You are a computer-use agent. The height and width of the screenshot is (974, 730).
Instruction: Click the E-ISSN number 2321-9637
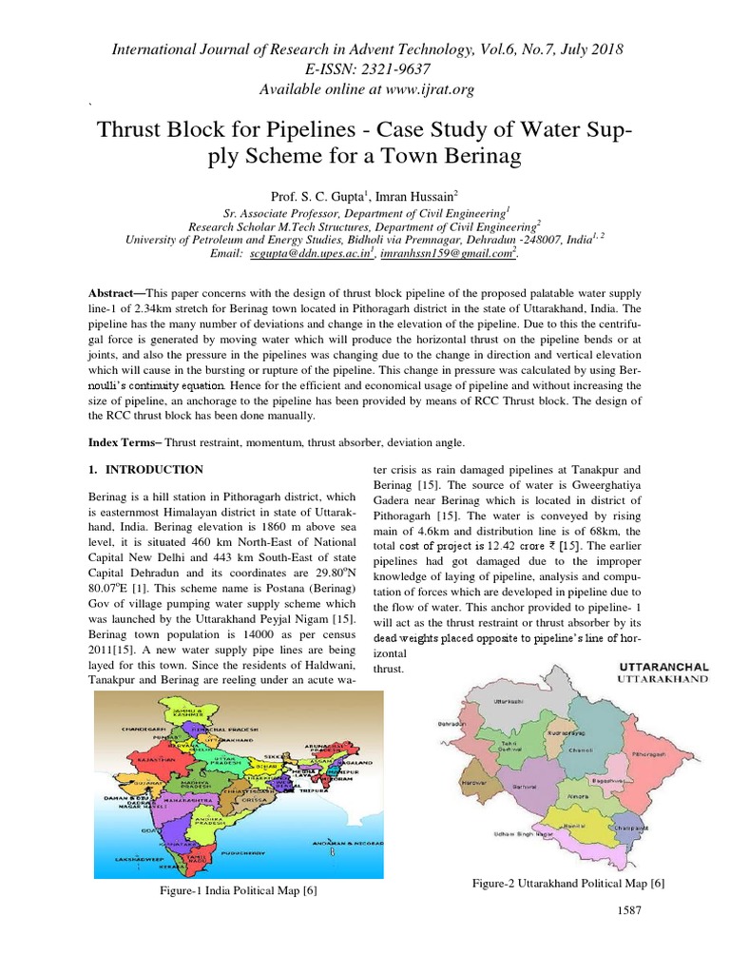(x=399, y=68)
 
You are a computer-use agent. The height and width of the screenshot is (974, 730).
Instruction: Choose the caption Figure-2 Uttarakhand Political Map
(x=567, y=883)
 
